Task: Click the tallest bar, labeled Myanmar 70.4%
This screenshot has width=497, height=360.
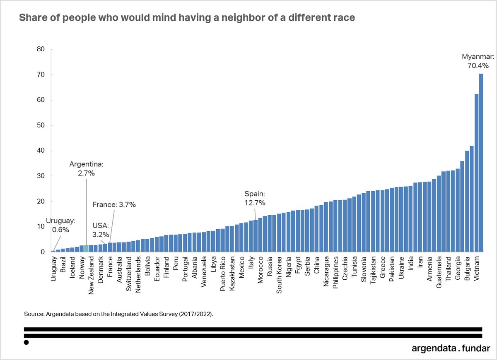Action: click(481, 163)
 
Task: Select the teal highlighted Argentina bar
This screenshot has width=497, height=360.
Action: click(86, 248)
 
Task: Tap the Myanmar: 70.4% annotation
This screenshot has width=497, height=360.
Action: click(478, 61)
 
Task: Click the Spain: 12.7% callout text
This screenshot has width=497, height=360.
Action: click(255, 198)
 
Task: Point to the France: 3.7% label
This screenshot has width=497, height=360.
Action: click(114, 204)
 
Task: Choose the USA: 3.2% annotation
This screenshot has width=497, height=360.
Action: click(101, 230)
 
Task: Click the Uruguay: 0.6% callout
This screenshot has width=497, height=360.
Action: click(60, 225)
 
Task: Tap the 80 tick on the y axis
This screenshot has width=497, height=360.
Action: click(41, 49)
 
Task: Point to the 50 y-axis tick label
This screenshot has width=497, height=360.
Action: click(41, 125)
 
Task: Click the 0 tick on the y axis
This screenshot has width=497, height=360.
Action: click(43, 252)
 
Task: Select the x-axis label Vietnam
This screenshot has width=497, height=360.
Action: click(476, 269)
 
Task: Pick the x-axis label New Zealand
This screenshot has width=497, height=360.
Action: click(91, 276)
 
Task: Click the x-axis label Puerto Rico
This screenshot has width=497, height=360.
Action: click(222, 274)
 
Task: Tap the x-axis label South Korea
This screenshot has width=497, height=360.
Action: click(279, 275)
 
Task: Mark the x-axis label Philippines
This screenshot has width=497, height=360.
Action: click(335, 272)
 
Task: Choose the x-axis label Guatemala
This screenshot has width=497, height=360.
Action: click(439, 272)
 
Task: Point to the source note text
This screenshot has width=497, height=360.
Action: click(118, 314)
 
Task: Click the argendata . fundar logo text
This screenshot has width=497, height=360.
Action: click(451, 348)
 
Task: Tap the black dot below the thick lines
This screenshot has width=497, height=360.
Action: click(26, 343)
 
